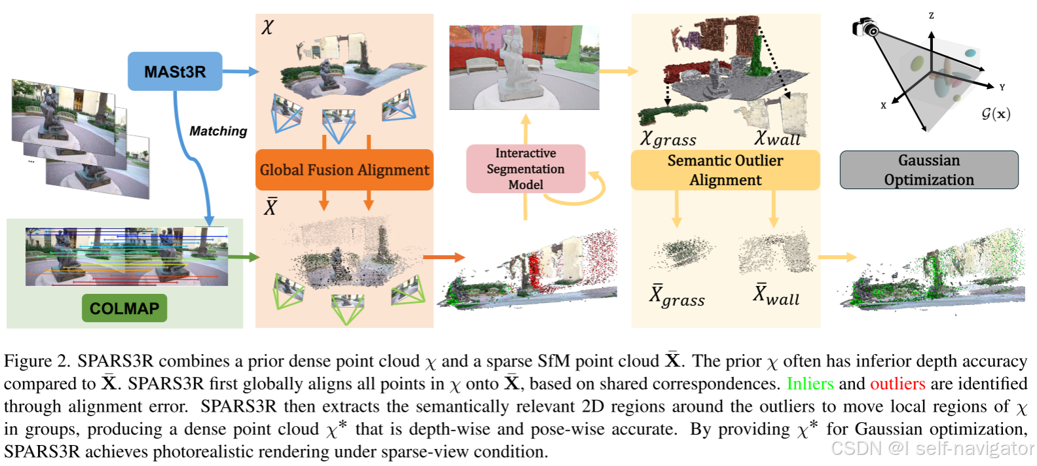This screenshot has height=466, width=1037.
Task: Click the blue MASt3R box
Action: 174,71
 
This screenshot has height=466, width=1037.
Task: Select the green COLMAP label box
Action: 124,308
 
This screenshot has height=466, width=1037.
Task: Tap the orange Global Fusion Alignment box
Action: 344,170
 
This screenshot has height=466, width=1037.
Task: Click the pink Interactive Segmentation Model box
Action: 525,169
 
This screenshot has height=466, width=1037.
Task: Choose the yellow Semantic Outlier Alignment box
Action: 725,170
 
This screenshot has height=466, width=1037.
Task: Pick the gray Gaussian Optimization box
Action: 928,170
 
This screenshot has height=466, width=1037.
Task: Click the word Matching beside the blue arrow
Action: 218,132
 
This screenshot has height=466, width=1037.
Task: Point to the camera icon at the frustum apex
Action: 865,27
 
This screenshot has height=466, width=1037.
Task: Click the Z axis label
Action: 931,15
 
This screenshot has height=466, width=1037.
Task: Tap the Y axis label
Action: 1002,87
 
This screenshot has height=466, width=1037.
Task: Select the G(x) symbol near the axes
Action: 995,114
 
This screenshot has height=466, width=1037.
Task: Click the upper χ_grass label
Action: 668,139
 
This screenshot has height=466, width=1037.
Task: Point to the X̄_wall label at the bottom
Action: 776,295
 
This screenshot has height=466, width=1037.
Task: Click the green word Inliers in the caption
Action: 810,384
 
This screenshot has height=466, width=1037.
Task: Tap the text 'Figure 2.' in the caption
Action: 37,361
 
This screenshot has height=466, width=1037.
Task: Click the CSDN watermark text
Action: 932,448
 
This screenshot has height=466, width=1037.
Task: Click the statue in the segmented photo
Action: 517,66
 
